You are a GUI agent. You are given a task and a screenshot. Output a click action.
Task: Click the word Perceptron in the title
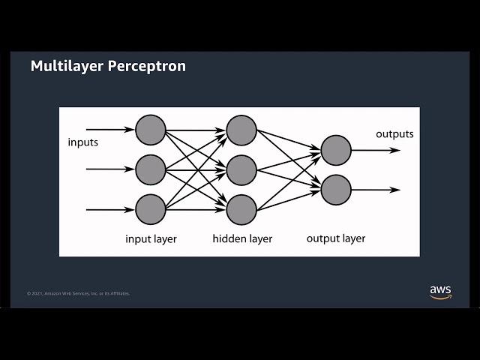coord(146,66)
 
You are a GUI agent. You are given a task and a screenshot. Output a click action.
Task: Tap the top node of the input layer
coord(151,130)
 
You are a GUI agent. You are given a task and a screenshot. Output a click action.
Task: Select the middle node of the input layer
coord(151,169)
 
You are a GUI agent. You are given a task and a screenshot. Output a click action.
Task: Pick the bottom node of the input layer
coord(151,209)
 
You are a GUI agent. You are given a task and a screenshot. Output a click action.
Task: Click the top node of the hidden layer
coord(241,130)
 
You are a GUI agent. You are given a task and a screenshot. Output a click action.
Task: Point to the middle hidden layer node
coord(241,169)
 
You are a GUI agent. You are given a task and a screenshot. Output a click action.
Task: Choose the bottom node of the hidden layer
coord(241,209)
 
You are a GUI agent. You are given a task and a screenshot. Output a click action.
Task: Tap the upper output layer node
coord(335,150)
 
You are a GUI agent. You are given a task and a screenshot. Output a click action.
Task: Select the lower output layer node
coord(335,190)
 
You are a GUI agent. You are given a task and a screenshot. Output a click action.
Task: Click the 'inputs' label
coord(82,142)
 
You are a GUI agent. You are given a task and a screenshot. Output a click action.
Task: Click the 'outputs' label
coord(394,134)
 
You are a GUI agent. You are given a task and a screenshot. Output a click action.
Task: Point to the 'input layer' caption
coord(151,239)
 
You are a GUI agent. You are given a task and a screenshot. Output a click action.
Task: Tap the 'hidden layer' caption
coord(242,239)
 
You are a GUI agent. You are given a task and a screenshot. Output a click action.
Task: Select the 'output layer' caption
coord(336,238)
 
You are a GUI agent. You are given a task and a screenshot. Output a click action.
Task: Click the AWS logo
coord(440,291)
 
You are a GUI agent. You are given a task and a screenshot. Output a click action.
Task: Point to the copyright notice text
coord(78,293)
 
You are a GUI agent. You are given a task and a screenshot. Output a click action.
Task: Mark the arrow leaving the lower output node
coord(375,190)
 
